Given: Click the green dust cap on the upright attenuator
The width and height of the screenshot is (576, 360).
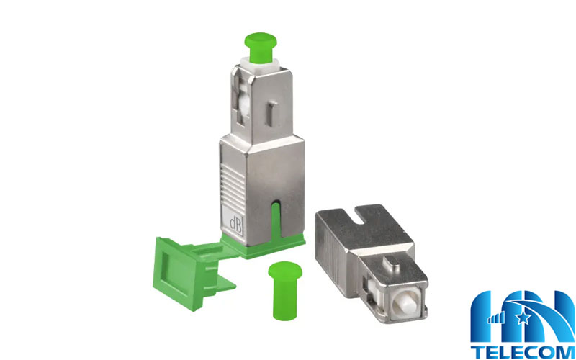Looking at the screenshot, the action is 261,48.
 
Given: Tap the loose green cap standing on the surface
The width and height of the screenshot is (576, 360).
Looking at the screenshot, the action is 285,290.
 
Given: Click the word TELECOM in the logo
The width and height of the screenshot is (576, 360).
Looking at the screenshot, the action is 523,351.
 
